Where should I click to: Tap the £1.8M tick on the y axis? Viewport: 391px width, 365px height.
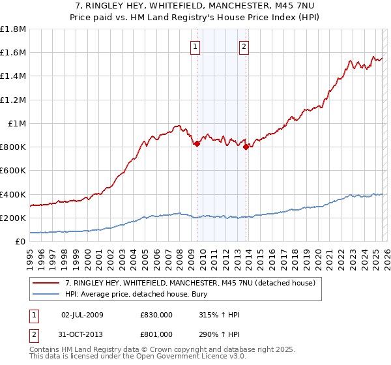tap(13, 29)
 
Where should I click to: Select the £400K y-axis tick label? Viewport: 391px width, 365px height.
tap(13, 194)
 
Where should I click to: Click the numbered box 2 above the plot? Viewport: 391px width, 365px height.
tap(244, 46)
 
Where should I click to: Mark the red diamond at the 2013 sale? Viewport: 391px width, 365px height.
tap(246, 147)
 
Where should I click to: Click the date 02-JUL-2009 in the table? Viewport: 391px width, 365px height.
tap(82, 315)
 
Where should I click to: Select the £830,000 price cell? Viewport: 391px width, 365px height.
tap(156, 315)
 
